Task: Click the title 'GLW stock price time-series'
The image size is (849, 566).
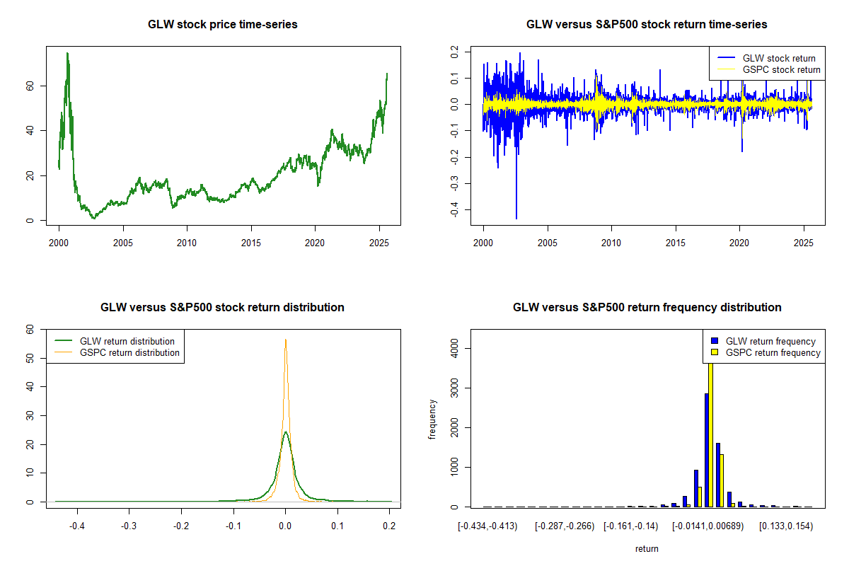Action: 222,25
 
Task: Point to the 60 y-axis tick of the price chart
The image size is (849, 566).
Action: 29,86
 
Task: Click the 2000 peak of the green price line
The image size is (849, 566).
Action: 67,54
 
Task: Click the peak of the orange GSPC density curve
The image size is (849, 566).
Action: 285,340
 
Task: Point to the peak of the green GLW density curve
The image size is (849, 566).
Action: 284,432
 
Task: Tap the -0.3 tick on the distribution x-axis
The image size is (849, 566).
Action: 129,526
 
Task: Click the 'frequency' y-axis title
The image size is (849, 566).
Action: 432,420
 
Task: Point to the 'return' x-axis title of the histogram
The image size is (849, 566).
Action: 647,548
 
